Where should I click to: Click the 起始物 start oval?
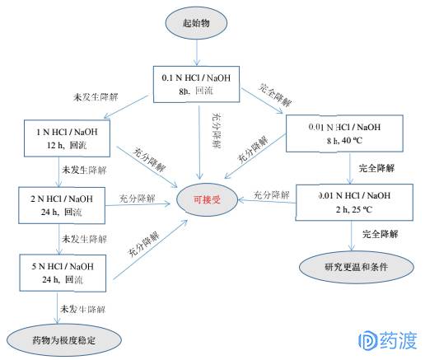coord(196,23)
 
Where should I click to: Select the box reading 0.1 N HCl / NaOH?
coord(196,84)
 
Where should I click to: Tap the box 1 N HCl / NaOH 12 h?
coord(68,138)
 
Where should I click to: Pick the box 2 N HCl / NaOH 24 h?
coord(62,205)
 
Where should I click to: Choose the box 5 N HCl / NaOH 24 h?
coord(63,273)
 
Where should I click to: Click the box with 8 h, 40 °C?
coord(344,133)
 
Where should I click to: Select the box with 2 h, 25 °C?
coord(354,203)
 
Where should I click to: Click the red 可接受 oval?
coord(208,199)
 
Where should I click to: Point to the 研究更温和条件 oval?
coord(357,267)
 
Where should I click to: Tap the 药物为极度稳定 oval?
coord(64,340)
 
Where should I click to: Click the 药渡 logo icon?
coord(367,341)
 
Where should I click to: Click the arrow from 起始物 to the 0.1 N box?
coord(197,53)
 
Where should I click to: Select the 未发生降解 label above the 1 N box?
coord(96,97)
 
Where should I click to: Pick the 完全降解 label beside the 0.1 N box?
coord(275,95)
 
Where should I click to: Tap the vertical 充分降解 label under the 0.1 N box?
coord(217,131)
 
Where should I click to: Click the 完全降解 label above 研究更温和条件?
coord(381,234)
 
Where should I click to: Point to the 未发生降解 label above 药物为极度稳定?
coord(83,309)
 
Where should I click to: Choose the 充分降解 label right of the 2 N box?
coord(138,199)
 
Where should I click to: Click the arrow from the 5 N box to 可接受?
coord(150,250)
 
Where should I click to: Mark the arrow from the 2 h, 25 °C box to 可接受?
coord(267,201)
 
